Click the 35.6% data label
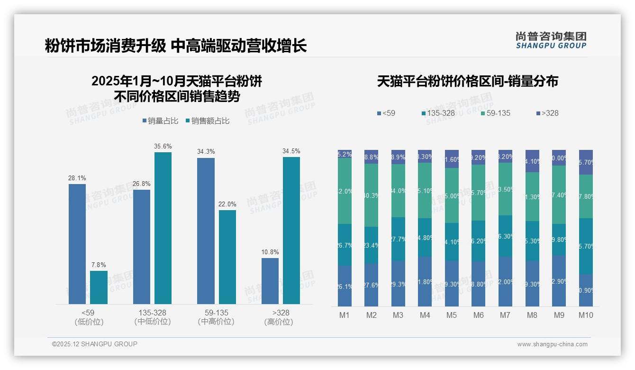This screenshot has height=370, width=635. (163, 146)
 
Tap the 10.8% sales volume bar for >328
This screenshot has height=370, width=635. (270, 281)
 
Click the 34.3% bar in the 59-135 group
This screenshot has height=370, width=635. (206, 231)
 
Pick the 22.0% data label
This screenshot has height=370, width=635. (227, 204)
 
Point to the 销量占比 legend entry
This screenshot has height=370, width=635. (160, 121)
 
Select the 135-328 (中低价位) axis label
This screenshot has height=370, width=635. (153, 317)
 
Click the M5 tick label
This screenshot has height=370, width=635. (452, 315)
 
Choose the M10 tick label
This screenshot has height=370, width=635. (586, 315)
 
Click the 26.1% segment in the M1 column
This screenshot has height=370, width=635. (345, 286)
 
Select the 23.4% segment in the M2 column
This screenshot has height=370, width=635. (371, 245)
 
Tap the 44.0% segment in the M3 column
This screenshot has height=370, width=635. (398, 191)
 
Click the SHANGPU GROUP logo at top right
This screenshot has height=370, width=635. (551, 40)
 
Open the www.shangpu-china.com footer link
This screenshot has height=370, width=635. (552, 344)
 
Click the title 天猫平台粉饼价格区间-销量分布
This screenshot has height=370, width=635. (467, 81)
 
